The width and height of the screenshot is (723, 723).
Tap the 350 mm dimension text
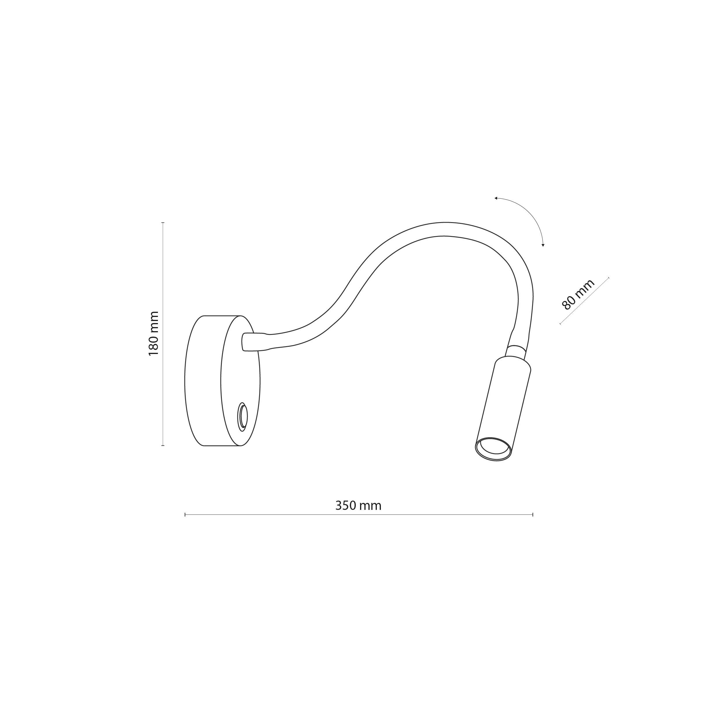358,506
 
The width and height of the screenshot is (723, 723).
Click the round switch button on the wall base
243,416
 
